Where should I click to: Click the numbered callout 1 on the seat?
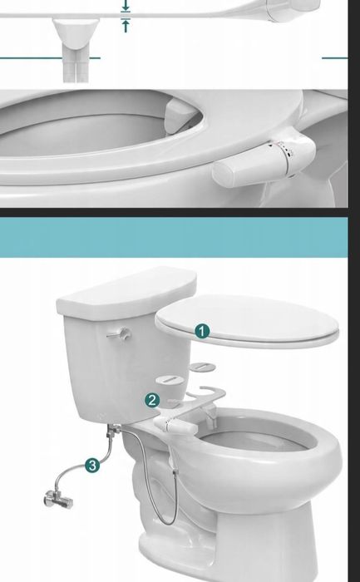click(202, 332)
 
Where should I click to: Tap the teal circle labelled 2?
click(152, 401)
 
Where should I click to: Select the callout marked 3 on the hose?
click(92, 466)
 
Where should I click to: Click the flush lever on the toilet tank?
click(119, 333)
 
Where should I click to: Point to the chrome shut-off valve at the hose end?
click(58, 499)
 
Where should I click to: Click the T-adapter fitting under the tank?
click(113, 431)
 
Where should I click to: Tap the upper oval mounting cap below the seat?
click(202, 367)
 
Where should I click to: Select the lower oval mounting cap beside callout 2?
click(170, 380)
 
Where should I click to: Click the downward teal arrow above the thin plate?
click(126, 5)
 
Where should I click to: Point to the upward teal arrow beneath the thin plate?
click(126, 26)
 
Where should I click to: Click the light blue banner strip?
click(174, 237)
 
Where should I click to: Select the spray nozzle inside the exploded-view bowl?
click(211, 417)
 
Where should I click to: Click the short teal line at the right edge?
click(335, 58)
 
